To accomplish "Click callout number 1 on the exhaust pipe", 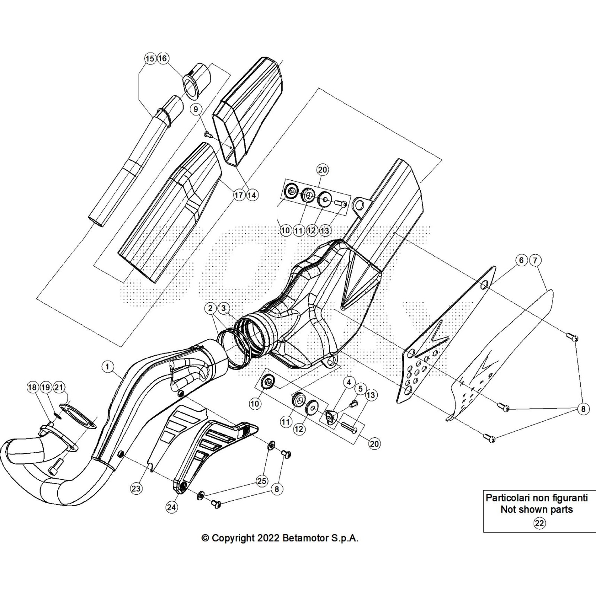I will (108, 367).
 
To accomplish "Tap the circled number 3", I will (223, 308).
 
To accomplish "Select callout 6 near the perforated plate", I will (521, 260).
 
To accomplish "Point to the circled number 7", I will (535, 260).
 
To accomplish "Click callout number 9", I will (196, 109).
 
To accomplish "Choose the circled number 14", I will (252, 195).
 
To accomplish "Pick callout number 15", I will (150, 58).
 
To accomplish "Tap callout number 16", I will (163, 58).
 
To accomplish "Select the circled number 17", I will (238, 195).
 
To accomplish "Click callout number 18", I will (32, 387).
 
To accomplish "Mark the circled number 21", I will (58, 387).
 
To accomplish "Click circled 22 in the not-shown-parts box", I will (539, 523).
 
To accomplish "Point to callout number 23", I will (136, 488).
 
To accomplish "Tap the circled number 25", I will (262, 481).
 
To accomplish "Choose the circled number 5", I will (360, 389).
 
